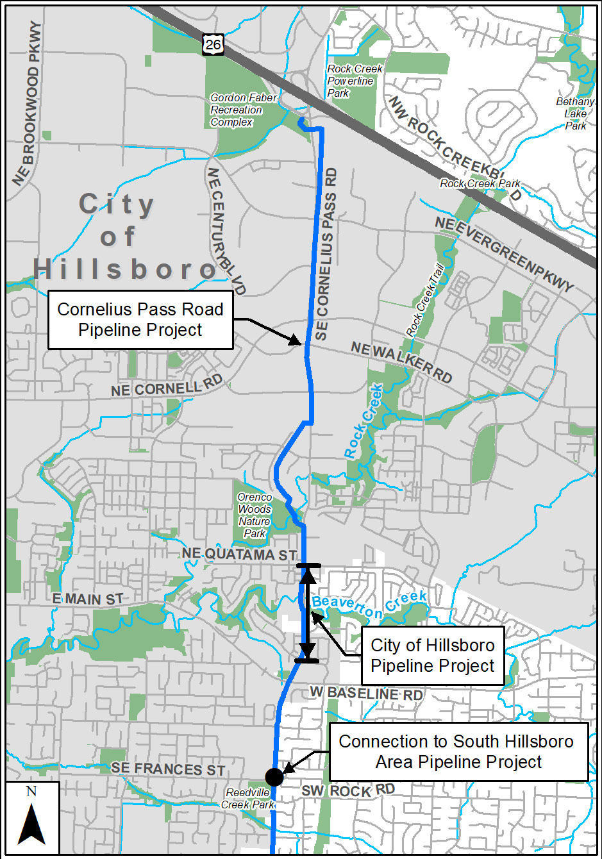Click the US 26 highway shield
pos(213,44)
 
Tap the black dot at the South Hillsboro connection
pos(274,777)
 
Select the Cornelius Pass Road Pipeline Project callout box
pos(140,320)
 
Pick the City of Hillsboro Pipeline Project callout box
pos(433,655)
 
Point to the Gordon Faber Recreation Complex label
pos(244,110)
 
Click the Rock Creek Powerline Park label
pos(355,81)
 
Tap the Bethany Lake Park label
pos(575,113)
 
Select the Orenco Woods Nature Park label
pos(255,515)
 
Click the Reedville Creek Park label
pos(248,799)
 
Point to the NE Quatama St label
pos(239,555)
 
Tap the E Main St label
pos(88,599)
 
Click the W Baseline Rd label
pos(366,694)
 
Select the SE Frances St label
pos(168,769)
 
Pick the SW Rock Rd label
pos(348,790)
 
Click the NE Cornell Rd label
pos(167,387)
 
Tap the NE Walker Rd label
pos(401,362)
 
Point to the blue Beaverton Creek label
pos(369,606)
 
